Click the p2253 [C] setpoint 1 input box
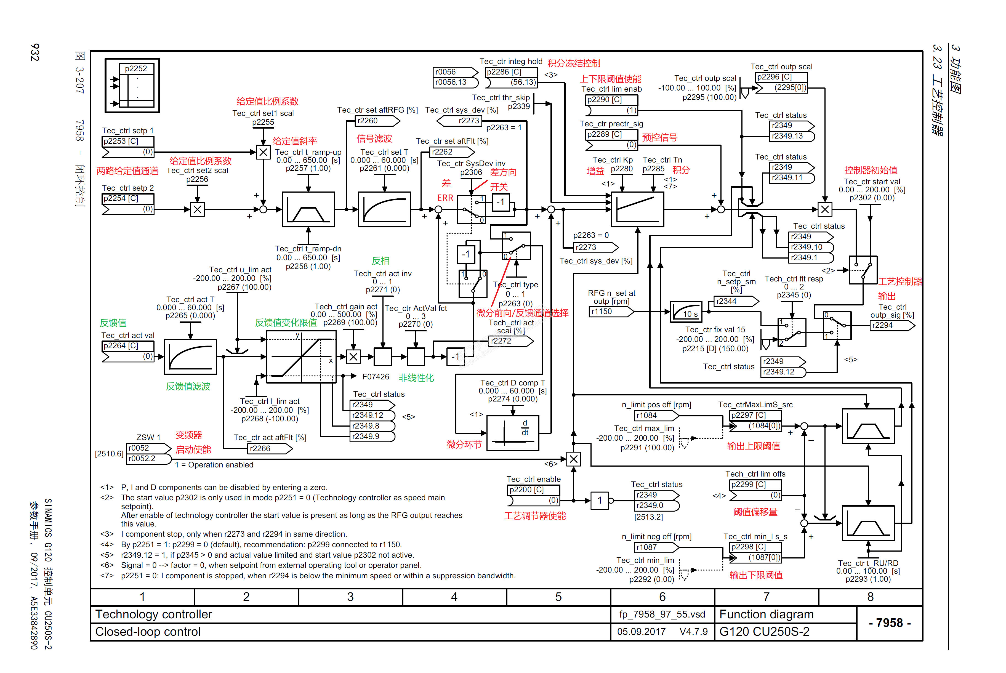click(127, 141)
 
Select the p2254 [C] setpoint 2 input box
click(127, 198)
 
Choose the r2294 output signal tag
click(891, 325)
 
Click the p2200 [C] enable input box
click(533, 490)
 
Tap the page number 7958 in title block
click(889, 623)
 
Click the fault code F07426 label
click(376, 377)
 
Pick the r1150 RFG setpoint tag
click(610, 312)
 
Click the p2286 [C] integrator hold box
click(511, 72)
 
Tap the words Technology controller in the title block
click(154, 614)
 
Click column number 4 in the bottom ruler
click(454, 597)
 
